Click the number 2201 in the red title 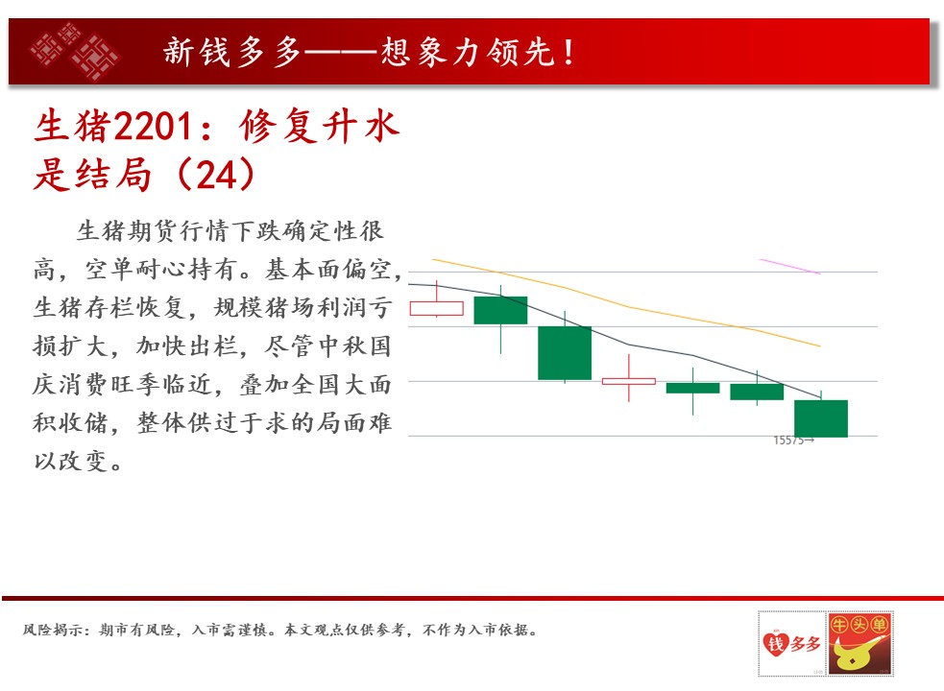pyautogui.click(x=153, y=127)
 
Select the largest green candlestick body pyautogui.click(x=565, y=353)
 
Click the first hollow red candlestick pyautogui.click(x=437, y=308)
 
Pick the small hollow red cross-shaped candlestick pyautogui.click(x=629, y=381)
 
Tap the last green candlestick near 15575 pyautogui.click(x=821, y=418)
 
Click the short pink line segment pyautogui.click(x=790, y=266)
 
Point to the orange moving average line pyautogui.click(x=626, y=307)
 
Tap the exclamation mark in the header pyautogui.click(x=569, y=52)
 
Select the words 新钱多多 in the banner pyautogui.click(x=232, y=52)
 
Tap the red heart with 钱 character pyautogui.click(x=775, y=644)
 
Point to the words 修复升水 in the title pyautogui.click(x=319, y=127)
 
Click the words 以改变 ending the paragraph pyautogui.click(x=70, y=461)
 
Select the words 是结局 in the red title pyautogui.click(x=92, y=176)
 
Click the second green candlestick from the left pyautogui.click(x=565, y=353)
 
